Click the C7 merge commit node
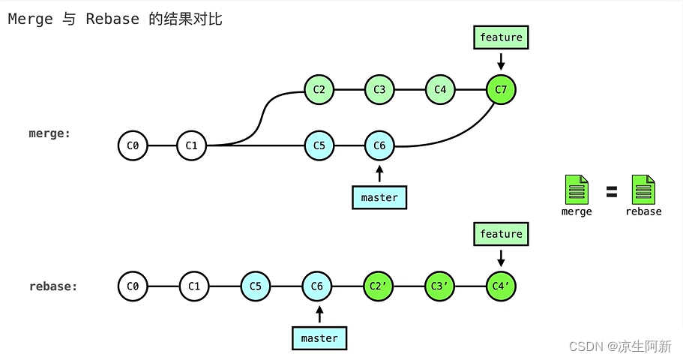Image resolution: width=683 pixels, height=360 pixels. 501,90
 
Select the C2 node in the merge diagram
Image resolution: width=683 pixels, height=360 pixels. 319,90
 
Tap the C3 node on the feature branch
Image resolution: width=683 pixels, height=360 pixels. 379,90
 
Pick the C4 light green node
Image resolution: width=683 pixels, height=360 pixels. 440,90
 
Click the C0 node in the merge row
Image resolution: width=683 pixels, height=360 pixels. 133,145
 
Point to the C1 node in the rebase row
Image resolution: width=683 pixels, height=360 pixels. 194,286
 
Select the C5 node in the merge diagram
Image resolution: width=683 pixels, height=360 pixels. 319,145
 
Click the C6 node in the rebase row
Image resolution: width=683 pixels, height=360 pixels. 317,286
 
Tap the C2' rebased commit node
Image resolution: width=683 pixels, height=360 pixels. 378,286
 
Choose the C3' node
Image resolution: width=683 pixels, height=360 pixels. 439,286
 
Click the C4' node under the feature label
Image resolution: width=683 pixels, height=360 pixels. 501,286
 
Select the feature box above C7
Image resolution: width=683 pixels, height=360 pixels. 501,37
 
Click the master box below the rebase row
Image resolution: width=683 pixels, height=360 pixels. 319,338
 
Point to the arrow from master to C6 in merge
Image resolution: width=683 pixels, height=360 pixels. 379,173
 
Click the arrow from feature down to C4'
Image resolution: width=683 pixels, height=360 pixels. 501,257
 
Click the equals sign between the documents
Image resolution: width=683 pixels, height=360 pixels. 612,192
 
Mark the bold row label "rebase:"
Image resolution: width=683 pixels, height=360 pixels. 53,286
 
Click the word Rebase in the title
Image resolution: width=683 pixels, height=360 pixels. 112,19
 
